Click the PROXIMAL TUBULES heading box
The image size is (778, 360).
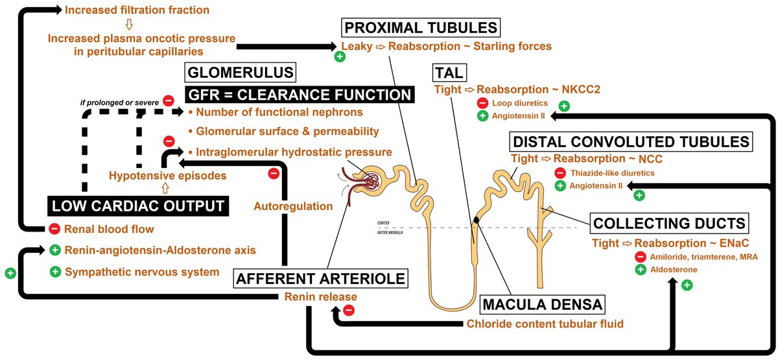pos(421,28)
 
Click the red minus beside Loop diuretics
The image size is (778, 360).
pos(482,104)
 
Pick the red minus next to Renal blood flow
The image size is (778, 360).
pos(55,229)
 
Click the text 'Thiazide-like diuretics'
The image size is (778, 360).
pos(611,173)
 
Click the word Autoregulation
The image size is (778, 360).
pos(293,206)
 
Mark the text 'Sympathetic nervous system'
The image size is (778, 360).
pos(142,272)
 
